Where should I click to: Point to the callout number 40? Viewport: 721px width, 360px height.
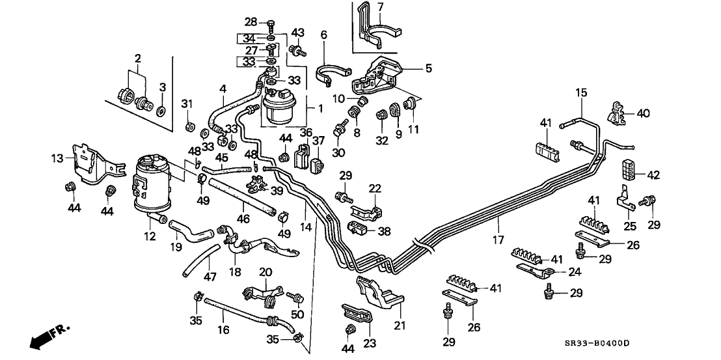(x=643, y=113)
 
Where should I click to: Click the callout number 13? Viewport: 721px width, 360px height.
(x=57, y=158)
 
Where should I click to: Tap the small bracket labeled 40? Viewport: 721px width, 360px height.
(x=618, y=113)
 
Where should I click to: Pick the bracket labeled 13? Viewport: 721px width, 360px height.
(x=88, y=159)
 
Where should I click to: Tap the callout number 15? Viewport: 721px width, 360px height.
(x=580, y=93)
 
